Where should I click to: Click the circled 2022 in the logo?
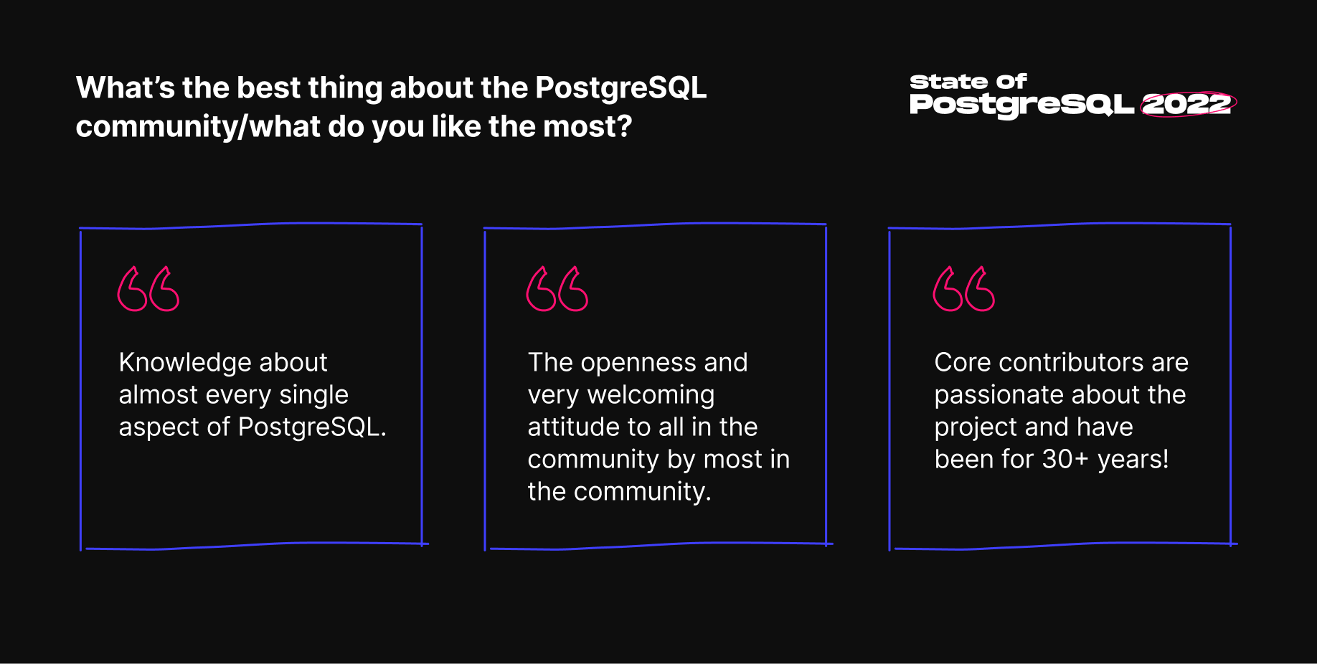pos(1187,105)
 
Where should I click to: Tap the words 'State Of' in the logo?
pos(968,82)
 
